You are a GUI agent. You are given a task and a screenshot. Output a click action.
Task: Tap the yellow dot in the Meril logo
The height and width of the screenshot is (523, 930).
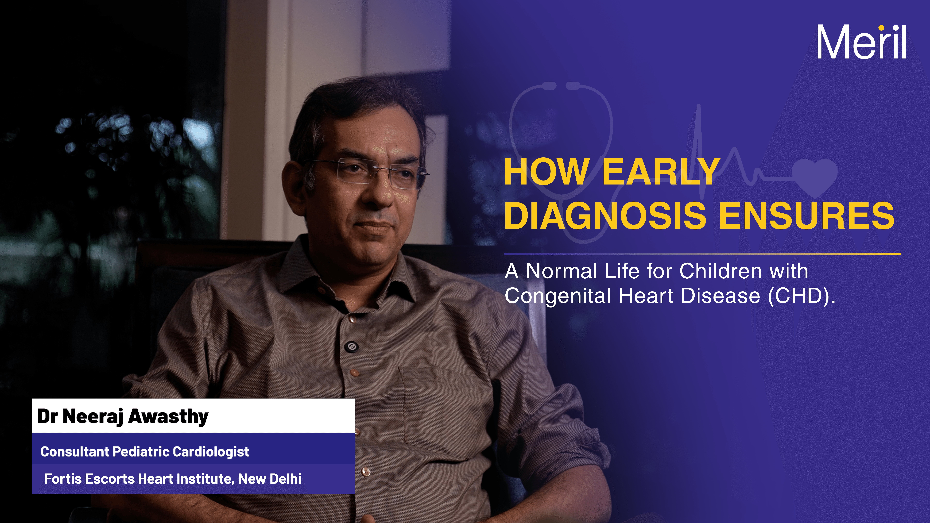coord(881,28)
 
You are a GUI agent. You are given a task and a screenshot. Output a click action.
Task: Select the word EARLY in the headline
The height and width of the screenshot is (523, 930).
coord(661,172)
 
